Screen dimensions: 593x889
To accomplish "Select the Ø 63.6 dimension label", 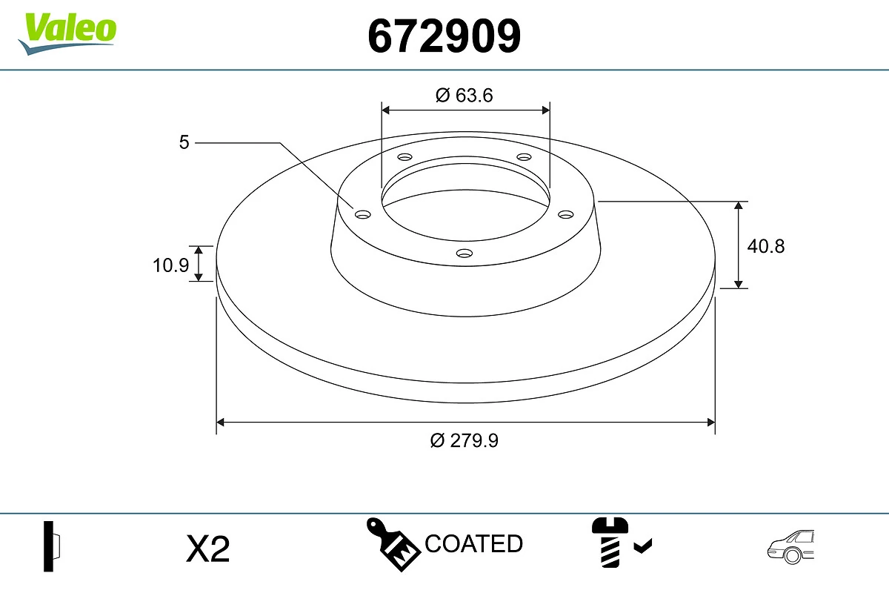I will point(465,95).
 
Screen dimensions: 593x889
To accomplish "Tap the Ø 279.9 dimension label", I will point(465,440).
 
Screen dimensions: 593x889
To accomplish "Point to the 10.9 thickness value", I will point(171,265).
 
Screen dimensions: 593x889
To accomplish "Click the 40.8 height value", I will point(765,245).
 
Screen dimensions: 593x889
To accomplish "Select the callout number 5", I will point(184,142).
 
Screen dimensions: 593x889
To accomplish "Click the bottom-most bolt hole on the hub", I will point(465,254).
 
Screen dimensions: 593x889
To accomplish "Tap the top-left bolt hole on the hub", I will point(404,157).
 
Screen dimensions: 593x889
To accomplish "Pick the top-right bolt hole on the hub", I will point(525,157).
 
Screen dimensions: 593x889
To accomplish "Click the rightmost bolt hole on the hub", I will point(566,214).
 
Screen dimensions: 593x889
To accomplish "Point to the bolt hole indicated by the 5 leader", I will point(363,214).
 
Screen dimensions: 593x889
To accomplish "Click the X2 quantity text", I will point(208,549).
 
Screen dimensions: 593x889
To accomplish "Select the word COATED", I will point(474,544).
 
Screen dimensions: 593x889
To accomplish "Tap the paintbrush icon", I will point(393,545).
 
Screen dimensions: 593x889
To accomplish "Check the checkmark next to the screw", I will point(643,547).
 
